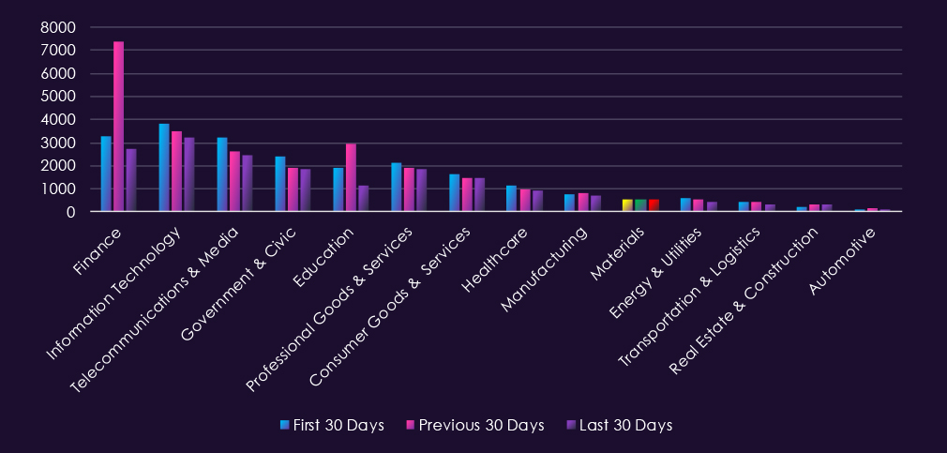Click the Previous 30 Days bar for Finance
(x=119, y=127)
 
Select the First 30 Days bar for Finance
(x=106, y=174)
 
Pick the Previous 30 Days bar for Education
(x=351, y=178)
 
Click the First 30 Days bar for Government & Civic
(x=280, y=185)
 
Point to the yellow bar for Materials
(x=627, y=205)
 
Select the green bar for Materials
(x=640, y=205)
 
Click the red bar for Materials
(x=654, y=205)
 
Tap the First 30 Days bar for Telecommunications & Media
(x=222, y=175)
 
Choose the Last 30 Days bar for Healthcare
(x=537, y=201)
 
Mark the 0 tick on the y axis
(x=69, y=212)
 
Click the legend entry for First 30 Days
(x=333, y=426)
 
